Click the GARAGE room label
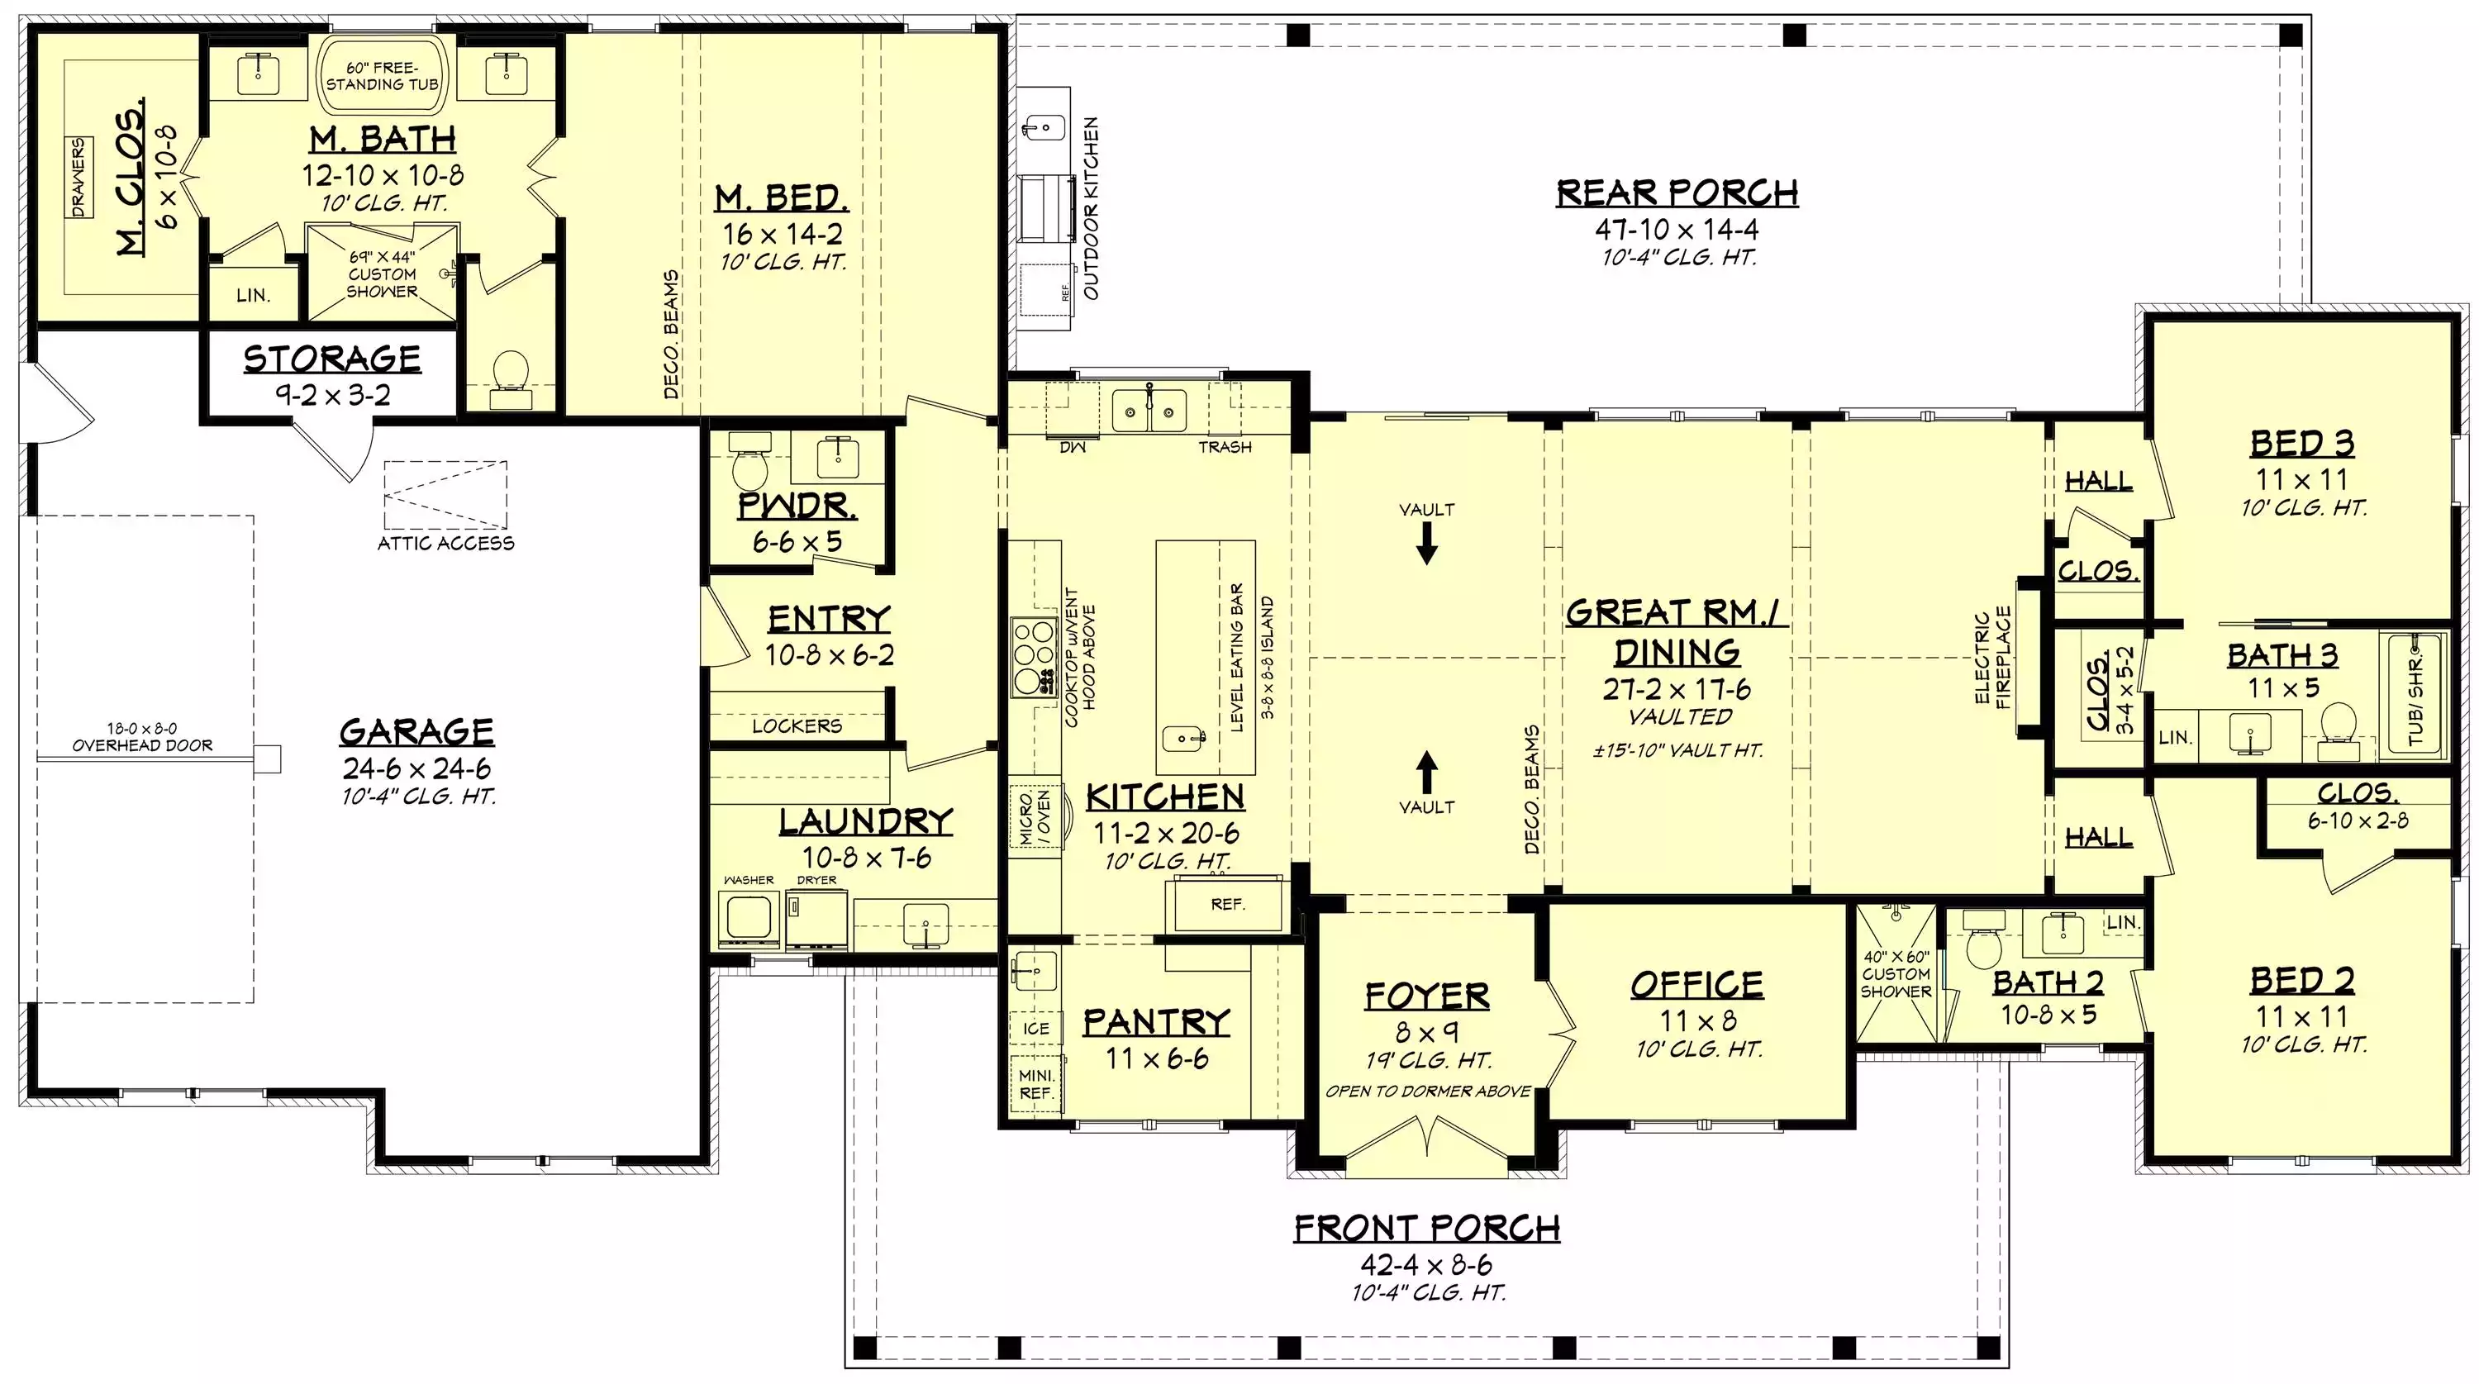pos(416,731)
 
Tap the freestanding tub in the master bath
pos(382,77)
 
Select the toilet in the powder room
pos(749,463)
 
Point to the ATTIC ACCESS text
pos(445,544)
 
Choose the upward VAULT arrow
pos(1427,771)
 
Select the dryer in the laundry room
pos(817,918)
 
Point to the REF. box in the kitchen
pos(1226,904)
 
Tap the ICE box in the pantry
pos(1036,1029)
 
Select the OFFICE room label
pos(1697,985)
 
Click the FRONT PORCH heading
pos(1427,1229)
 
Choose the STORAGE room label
pos(332,358)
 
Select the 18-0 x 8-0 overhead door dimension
pos(142,738)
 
